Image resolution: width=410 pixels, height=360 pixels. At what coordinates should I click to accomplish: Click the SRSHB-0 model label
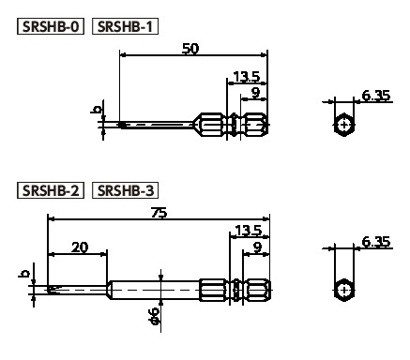click(51, 26)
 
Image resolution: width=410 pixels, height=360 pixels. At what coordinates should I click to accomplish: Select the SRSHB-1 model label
click(125, 26)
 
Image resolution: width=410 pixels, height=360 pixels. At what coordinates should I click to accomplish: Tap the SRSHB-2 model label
click(51, 190)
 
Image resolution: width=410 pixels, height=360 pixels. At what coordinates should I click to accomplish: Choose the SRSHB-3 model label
click(125, 190)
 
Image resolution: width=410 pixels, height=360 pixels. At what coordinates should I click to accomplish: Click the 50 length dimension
click(190, 49)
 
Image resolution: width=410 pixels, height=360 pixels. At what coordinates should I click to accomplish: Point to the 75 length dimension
click(159, 213)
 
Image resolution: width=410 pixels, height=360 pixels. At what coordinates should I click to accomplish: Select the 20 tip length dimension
click(80, 247)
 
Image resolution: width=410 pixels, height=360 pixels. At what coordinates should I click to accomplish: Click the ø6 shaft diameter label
click(154, 316)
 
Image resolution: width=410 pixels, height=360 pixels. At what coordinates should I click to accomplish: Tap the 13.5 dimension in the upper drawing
click(247, 77)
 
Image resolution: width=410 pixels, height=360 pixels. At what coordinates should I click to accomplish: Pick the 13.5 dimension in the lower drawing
click(248, 231)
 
